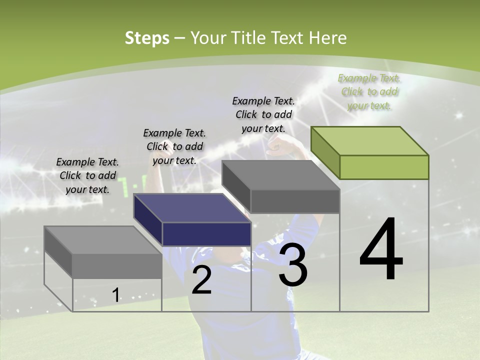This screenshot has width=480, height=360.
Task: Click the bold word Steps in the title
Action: point(147,38)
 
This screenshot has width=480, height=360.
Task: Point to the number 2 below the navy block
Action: point(201,280)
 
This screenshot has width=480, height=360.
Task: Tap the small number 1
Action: point(116,295)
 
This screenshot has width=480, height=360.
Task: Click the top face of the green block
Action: point(370,141)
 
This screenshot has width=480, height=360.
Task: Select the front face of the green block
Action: point(384,167)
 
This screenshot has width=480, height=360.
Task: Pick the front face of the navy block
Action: point(206,234)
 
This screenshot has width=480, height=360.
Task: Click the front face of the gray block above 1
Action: point(117,265)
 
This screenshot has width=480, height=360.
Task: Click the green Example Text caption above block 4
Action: point(369,92)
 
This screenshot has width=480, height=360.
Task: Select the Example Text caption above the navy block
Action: point(174,146)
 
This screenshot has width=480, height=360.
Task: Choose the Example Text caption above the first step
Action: point(87,175)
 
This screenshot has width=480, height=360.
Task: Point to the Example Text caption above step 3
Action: point(263,114)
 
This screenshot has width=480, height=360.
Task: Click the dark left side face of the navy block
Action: point(148,220)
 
